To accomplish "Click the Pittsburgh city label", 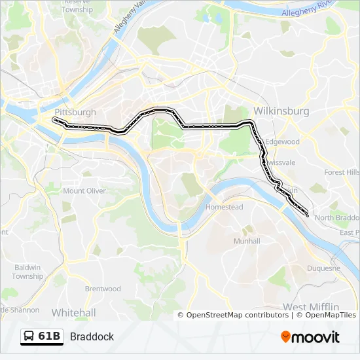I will (x=75, y=112).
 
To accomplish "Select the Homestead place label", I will (x=224, y=207).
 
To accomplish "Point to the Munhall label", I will (x=247, y=241).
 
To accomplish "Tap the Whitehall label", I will (x=73, y=312).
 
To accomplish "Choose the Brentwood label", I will (x=103, y=289).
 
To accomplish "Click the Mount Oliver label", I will (x=84, y=191).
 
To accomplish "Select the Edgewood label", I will (x=282, y=141).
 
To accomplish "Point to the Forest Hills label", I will (x=342, y=172).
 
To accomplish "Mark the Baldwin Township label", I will (x=27, y=272).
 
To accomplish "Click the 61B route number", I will (x=49, y=336).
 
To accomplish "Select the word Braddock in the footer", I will (x=92, y=336).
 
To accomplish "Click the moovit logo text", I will (x=317, y=337).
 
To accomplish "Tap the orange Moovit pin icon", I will (x=286, y=337).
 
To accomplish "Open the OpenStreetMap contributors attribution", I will (x=238, y=315).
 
